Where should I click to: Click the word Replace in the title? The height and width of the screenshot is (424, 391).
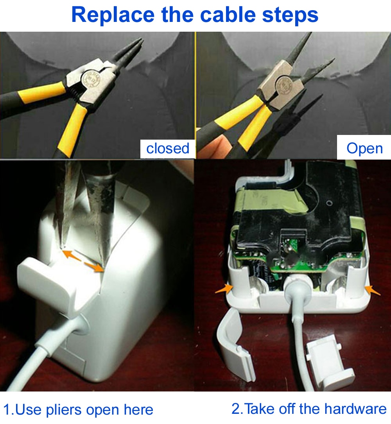point(113,14)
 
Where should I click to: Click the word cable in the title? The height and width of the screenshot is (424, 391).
point(227,14)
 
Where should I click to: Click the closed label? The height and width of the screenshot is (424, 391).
point(168,148)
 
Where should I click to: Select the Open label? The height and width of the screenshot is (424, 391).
point(364,148)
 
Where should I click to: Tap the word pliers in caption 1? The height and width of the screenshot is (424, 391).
point(62,410)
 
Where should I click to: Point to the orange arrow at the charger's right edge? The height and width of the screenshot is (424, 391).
point(373,290)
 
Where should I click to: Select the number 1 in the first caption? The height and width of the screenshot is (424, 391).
point(7,410)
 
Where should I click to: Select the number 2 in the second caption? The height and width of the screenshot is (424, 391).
point(236,409)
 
